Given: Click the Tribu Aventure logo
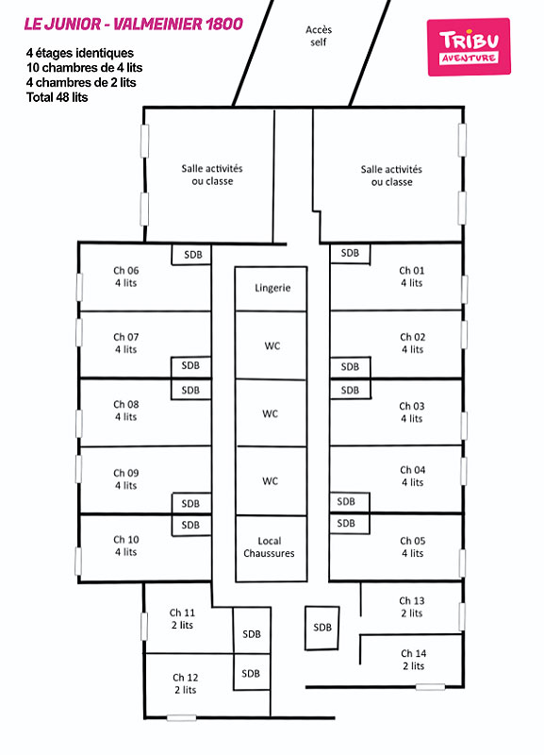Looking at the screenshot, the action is click(x=469, y=46).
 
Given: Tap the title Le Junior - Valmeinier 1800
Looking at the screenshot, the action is click(x=133, y=25).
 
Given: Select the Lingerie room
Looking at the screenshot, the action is click(x=271, y=289).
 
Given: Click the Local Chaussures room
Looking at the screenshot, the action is click(x=272, y=548).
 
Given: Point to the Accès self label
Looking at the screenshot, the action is click(x=319, y=36).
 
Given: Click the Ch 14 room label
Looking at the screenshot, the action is click(x=414, y=660).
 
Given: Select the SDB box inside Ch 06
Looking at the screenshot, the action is click(x=191, y=255).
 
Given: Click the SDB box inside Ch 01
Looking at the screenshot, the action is click(x=350, y=254).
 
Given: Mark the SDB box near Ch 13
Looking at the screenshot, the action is click(x=321, y=628).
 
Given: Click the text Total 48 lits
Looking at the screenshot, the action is click(x=58, y=97).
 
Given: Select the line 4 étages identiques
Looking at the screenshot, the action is click(x=80, y=53).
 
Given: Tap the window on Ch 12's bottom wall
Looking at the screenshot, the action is click(x=181, y=717).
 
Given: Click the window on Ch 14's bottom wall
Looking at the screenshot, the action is click(x=430, y=687).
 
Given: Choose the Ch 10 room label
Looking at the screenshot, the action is click(x=126, y=545).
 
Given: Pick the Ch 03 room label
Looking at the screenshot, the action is click(x=412, y=412).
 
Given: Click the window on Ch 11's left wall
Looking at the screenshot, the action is click(x=144, y=627).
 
